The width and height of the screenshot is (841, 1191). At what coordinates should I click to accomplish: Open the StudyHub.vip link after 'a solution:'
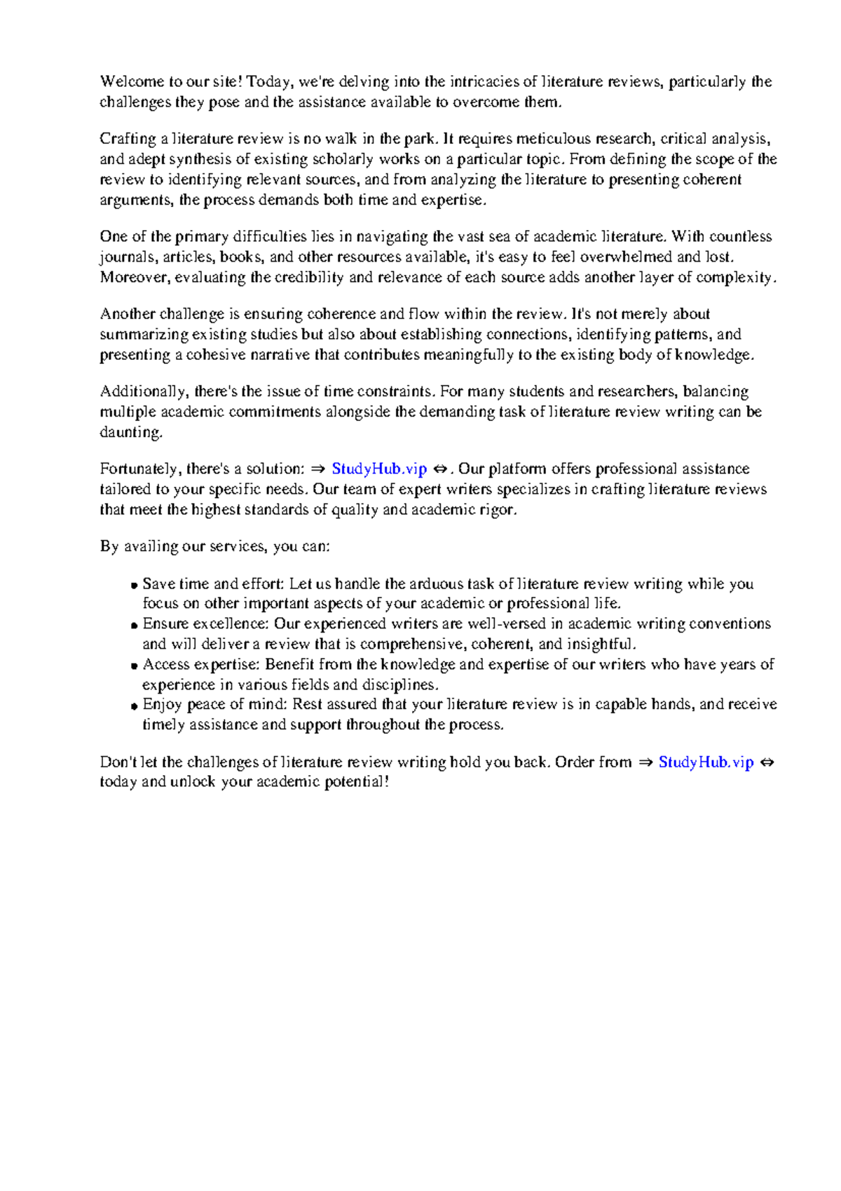pyautogui.click(x=379, y=469)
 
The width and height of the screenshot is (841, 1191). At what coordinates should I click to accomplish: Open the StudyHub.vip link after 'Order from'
pyautogui.click(x=706, y=762)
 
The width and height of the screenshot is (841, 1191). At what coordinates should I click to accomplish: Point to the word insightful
pyautogui.click(x=601, y=644)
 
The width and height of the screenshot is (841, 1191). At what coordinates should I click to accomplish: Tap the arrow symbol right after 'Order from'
pyautogui.click(x=645, y=762)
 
